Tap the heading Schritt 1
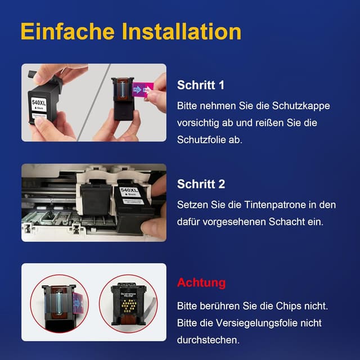click(200, 85)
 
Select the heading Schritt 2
click(201, 184)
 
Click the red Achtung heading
click(201, 282)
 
